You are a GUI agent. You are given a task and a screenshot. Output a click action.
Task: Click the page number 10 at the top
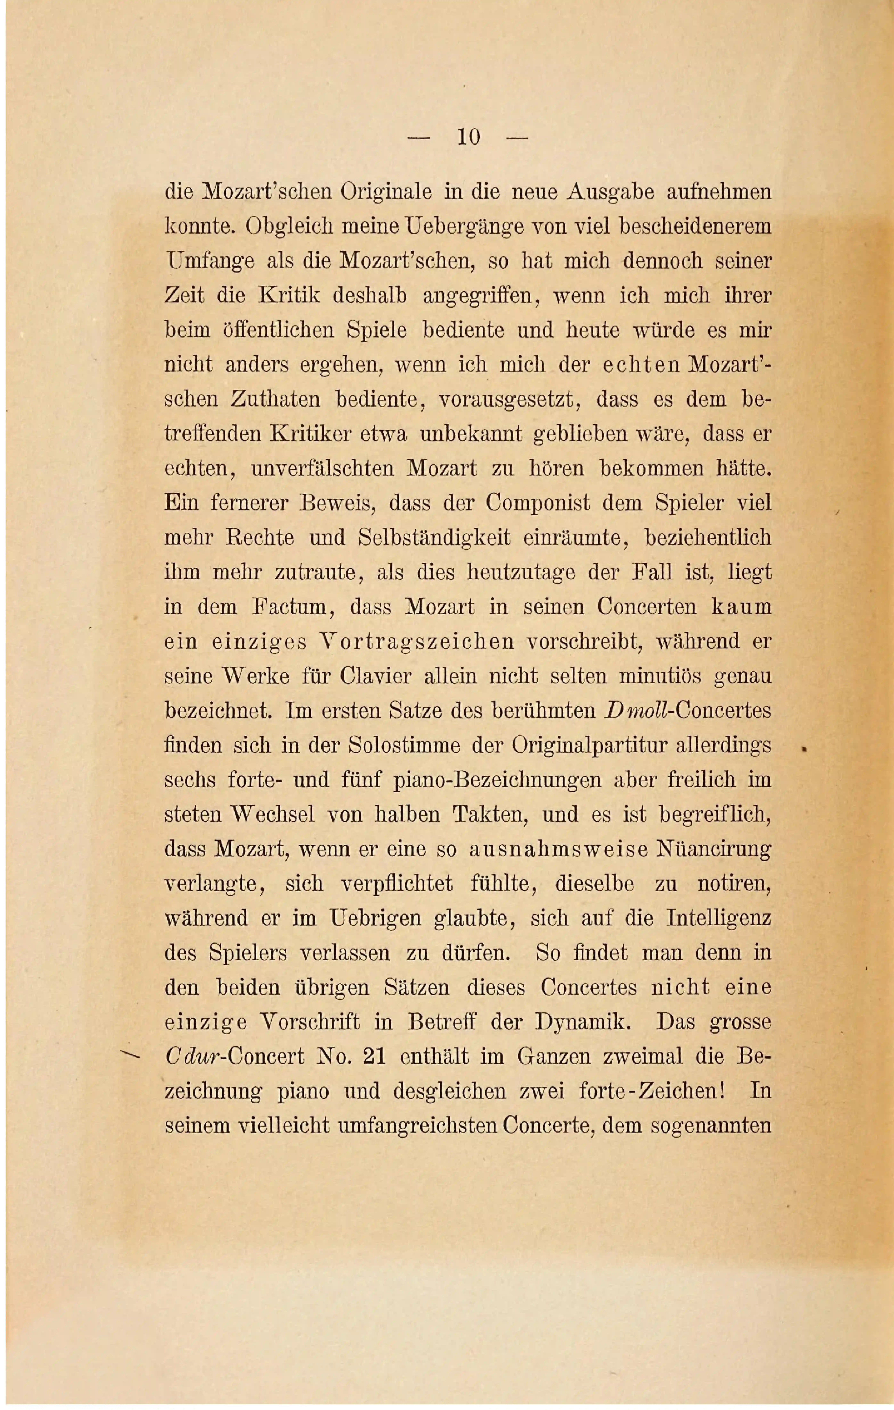tap(468, 137)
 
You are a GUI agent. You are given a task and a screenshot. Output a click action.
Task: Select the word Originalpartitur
tap(590, 745)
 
